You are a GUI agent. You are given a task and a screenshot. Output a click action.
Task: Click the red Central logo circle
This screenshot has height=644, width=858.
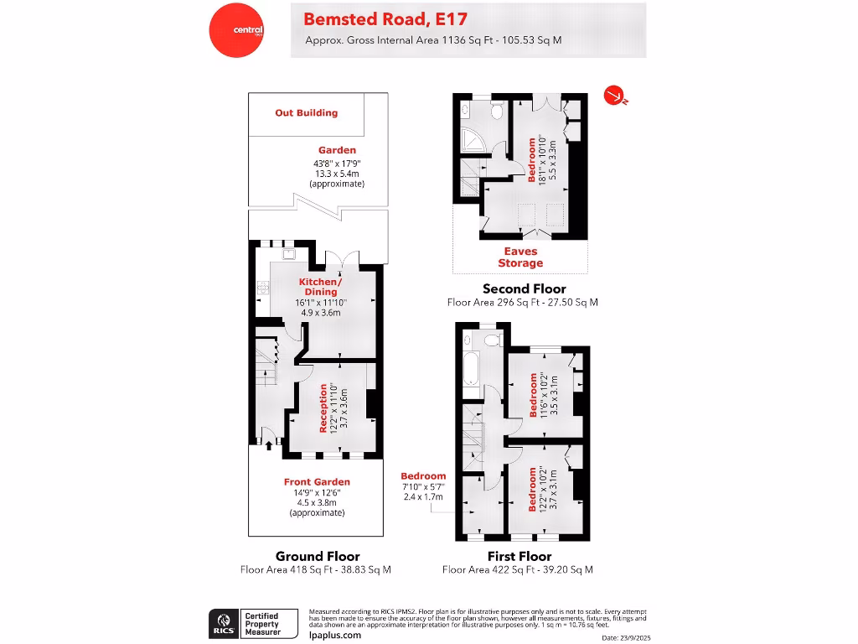coord(236,30)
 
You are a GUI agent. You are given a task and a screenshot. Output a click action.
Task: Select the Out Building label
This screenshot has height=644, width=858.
coord(307,112)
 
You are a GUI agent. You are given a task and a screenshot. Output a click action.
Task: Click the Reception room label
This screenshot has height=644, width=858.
coord(324,408)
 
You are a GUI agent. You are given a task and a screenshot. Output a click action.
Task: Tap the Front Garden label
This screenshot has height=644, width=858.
coord(316,481)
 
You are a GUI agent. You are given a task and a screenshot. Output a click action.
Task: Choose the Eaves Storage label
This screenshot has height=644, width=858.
coord(520,257)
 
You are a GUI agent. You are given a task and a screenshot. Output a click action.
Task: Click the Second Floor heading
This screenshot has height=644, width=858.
coord(525,288)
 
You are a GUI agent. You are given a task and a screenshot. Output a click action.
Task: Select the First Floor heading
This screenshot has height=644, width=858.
coord(519,556)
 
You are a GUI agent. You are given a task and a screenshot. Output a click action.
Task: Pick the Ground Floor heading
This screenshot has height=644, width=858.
coord(318,556)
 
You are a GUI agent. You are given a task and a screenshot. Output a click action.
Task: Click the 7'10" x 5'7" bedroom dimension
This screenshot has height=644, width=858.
coord(423,487)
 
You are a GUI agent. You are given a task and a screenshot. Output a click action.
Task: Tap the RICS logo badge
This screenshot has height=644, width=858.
coord(223,623)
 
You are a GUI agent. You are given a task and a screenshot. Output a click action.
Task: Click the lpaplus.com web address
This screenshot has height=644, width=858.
coord(335,635)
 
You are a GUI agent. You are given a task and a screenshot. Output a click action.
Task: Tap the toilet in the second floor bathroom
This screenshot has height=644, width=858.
coord(495,112)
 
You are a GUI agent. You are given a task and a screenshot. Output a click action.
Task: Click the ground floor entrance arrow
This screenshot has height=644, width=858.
coord(268,444)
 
